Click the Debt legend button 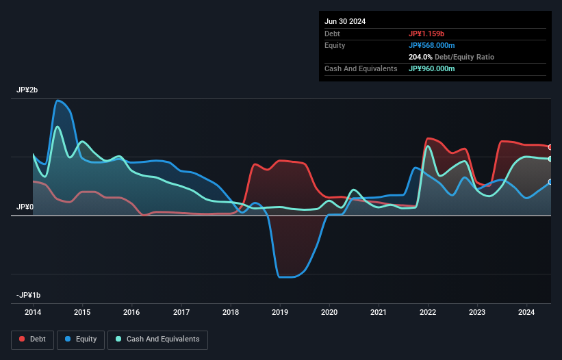[31, 339]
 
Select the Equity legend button [81, 339]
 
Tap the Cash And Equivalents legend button [157, 339]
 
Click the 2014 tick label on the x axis [33, 313]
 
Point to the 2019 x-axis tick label [280, 313]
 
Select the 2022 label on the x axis [428, 313]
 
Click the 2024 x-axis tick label [526, 313]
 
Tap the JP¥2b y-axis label [28, 90]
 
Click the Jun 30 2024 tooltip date [345, 21]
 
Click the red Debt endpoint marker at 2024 [550, 147]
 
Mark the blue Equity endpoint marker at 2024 [550, 182]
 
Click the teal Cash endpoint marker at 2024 [550, 159]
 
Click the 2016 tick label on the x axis [131, 313]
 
